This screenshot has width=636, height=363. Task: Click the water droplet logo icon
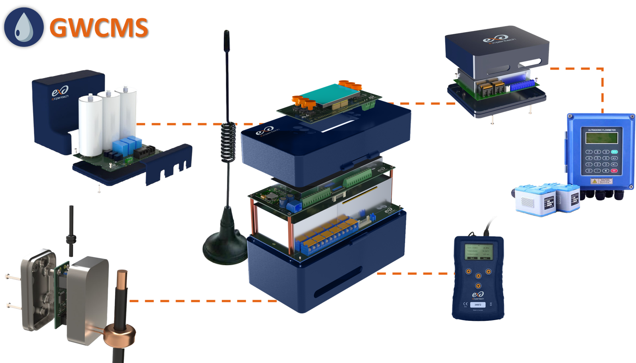click(x=23, y=27)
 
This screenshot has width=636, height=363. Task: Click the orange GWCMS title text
click(x=98, y=27)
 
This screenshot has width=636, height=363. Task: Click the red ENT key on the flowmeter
click(x=614, y=170)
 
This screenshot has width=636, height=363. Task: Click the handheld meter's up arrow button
click(x=478, y=276)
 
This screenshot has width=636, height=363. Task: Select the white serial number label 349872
click(x=477, y=305)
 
